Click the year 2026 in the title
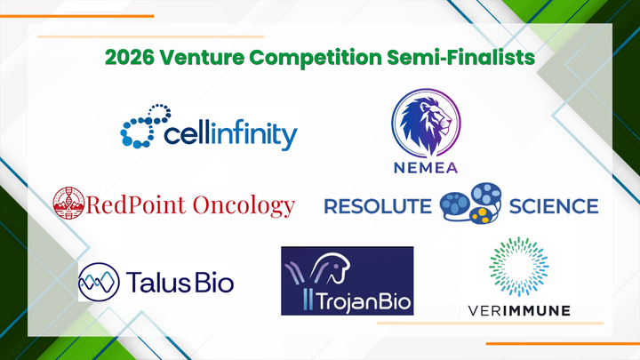pos(130,57)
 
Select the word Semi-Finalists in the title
pos(460,57)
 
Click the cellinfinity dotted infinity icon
pos(146,125)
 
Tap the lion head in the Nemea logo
pos(426,124)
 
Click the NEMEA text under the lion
pos(426,167)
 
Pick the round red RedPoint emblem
pos(68,204)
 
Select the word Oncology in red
pos(244,205)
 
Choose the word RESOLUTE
pos(378,206)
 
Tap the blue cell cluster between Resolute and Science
pos(470,203)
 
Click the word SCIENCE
pos(554,206)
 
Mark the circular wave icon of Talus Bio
pos(99,282)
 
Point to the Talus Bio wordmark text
pos(180,282)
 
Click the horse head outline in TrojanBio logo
pos(335,268)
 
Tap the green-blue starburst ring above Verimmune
pos(519,267)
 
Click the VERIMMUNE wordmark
pos(519,311)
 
